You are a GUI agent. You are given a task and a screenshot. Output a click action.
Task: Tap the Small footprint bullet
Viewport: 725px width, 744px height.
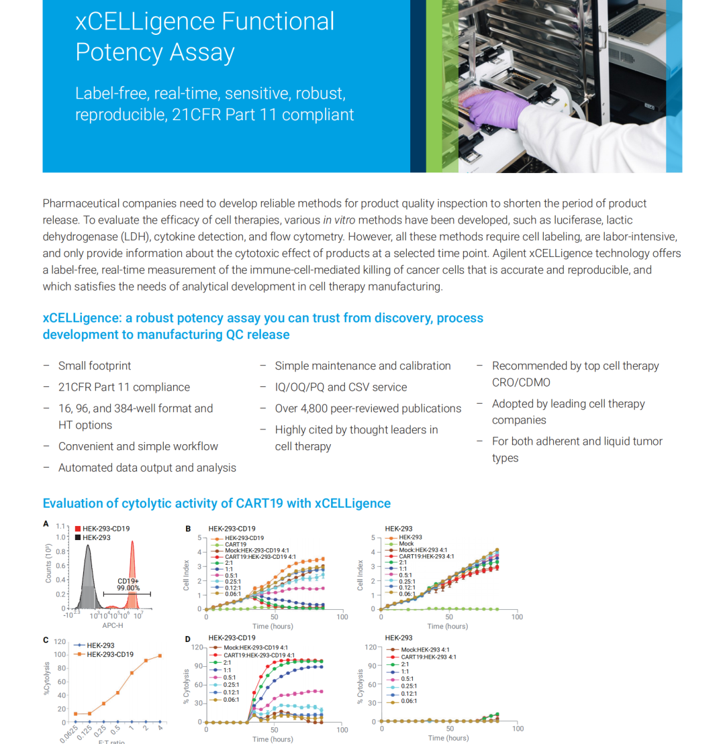pos(95,366)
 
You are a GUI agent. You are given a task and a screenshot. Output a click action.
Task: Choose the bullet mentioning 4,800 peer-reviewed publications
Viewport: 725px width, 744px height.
pos(368,409)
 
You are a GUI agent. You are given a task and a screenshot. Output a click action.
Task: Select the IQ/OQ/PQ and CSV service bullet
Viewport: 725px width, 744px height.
pos(340,387)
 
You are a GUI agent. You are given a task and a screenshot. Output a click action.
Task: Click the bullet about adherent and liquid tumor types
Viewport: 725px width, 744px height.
pos(577,449)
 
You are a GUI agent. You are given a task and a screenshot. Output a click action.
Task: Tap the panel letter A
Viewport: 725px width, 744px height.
pos(46,524)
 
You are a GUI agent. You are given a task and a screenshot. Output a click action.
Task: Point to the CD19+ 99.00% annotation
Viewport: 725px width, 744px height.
pos(128,584)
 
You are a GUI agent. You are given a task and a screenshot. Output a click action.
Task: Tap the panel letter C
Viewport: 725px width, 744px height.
pos(46,640)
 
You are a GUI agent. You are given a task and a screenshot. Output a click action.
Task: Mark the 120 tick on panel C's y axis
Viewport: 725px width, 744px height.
pos(60,641)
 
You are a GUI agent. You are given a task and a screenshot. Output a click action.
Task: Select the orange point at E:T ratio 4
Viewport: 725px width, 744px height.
pos(160,656)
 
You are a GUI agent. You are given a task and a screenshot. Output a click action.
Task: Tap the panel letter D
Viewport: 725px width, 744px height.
pos(189,639)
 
